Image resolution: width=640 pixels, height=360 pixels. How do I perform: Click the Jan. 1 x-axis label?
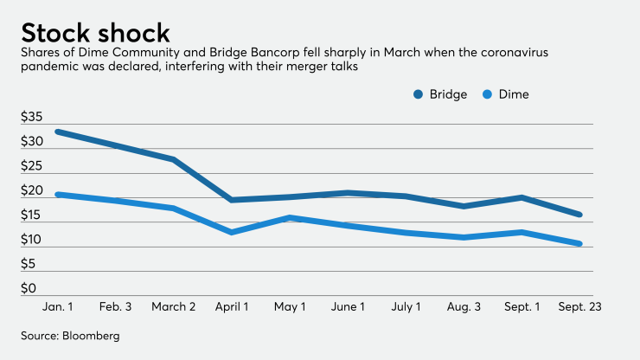[57, 306]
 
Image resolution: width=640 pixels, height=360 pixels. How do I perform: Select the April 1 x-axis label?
[231, 306]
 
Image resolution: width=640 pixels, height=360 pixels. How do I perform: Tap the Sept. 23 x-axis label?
[579, 306]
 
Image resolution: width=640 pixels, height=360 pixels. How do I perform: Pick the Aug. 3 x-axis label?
[464, 306]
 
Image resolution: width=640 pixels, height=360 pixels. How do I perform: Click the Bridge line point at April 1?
[231, 200]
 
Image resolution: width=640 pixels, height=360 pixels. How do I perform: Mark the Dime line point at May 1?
[290, 217]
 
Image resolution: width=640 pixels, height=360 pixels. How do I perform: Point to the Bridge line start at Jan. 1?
[57, 132]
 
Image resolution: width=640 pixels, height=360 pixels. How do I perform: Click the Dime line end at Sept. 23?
[579, 243]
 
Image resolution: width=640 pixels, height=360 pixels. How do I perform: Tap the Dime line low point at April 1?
[231, 232]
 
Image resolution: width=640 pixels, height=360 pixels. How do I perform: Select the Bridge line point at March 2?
[173, 159]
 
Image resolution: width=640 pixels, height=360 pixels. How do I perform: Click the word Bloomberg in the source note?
[86, 334]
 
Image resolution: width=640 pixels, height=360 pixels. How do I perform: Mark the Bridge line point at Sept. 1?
[522, 197]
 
